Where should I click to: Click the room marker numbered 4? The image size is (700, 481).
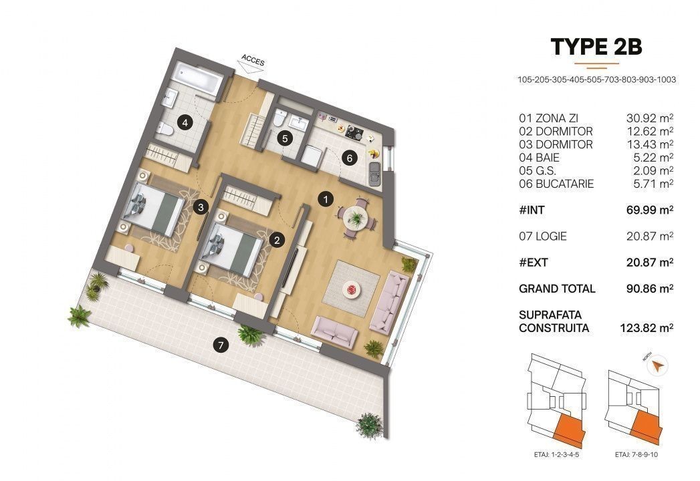185,122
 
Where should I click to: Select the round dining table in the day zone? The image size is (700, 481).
356,218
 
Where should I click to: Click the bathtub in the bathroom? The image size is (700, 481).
198,77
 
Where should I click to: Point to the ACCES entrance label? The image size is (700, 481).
253,60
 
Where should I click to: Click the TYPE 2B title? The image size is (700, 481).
596,47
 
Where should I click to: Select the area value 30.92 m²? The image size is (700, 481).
650,118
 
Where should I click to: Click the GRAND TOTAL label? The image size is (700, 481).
557,289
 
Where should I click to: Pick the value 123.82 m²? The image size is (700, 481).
647,328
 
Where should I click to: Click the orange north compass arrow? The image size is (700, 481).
657,367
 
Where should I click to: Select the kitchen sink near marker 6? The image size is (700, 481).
374,174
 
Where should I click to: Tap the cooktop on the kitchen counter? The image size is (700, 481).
354,132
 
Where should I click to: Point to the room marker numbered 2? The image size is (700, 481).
277,240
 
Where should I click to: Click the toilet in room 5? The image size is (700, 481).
280,118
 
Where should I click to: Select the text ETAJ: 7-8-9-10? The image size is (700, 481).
636,455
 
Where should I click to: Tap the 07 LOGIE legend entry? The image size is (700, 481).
542,236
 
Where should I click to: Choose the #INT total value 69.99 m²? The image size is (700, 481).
650,210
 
